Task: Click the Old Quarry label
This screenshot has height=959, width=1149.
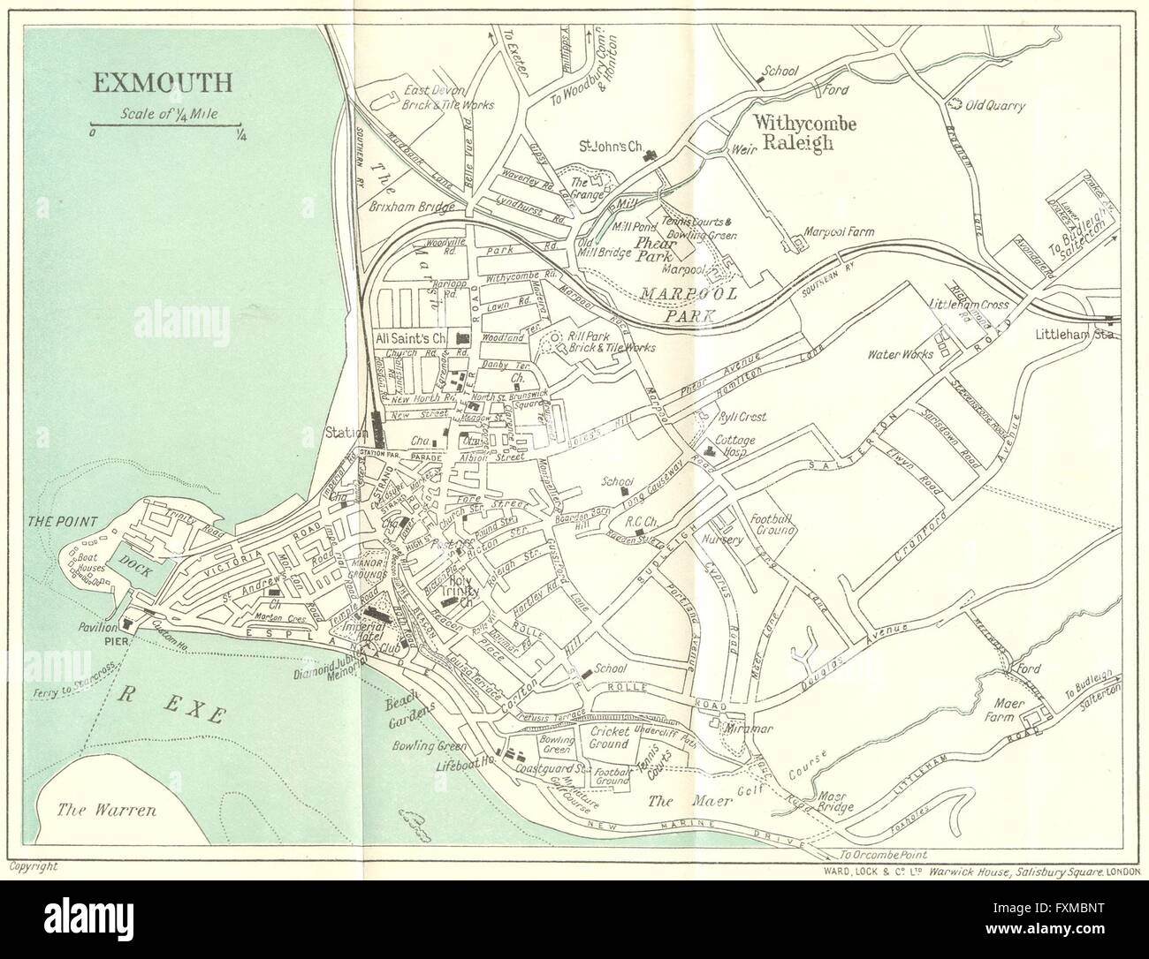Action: pos(994,106)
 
